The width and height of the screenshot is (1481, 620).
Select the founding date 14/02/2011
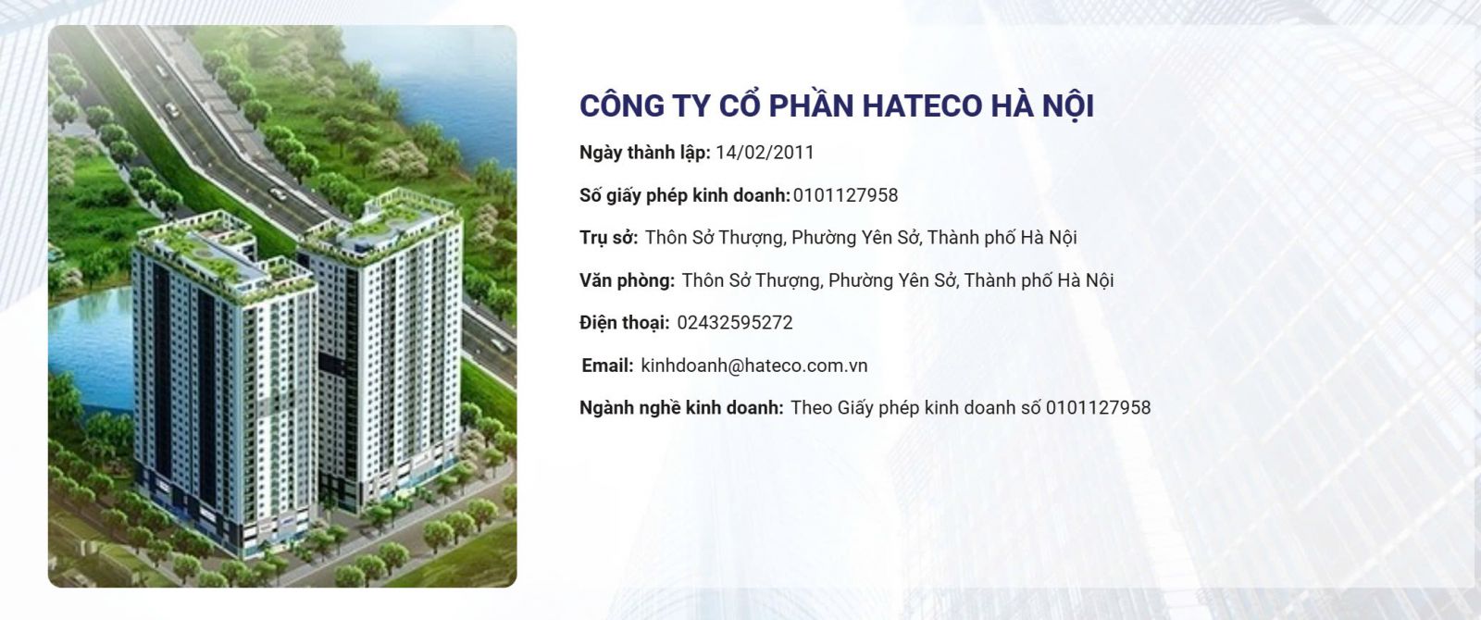click(765, 153)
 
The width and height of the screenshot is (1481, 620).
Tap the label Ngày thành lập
click(644, 153)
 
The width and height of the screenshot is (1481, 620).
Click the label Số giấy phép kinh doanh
click(684, 195)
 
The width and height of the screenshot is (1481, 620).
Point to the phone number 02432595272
click(735, 323)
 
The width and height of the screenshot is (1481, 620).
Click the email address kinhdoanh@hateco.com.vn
click(753, 366)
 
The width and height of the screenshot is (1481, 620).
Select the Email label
click(607, 366)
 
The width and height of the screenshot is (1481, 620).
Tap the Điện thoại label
click(624, 323)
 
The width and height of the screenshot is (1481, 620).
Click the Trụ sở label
click(608, 238)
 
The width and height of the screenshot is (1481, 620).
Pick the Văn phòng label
click(627, 280)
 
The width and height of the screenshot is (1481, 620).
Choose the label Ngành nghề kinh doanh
click(681, 408)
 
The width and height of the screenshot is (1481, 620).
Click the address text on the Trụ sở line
click(861, 238)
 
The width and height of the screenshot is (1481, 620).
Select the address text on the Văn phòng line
click(898, 280)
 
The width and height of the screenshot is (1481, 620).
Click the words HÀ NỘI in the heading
click(1042, 105)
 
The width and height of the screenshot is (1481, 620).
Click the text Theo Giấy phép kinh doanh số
click(915, 408)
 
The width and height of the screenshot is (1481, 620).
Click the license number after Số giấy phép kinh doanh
click(845, 195)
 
